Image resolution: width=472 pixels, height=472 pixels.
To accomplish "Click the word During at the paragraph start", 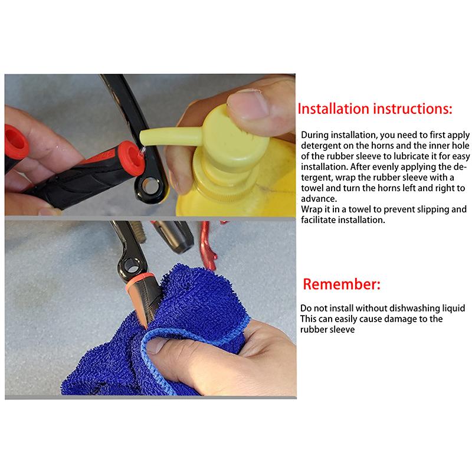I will click(316, 135).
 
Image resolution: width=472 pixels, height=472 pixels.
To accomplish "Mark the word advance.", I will click(316, 199).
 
